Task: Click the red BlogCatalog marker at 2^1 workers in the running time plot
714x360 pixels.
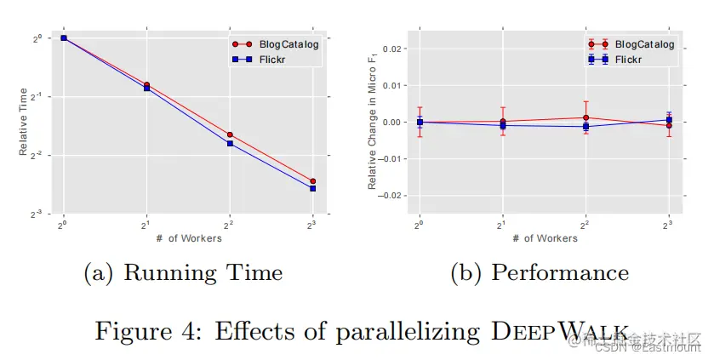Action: click(146, 84)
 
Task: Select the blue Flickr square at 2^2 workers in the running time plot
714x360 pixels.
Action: click(230, 144)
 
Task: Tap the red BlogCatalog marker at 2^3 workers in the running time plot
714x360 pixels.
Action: click(313, 181)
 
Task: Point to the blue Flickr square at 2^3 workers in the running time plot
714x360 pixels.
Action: click(313, 189)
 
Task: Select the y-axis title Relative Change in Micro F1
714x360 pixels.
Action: click(372, 124)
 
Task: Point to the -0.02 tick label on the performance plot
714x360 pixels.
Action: click(392, 196)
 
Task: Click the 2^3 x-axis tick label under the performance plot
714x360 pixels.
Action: click(668, 225)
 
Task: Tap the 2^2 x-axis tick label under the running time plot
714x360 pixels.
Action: click(230, 225)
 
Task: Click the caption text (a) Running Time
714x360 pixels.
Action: click(183, 274)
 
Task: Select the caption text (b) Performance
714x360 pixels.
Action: click(539, 274)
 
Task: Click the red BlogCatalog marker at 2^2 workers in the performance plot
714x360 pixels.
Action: click(585, 117)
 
